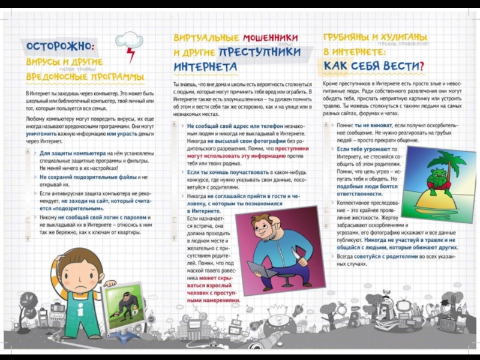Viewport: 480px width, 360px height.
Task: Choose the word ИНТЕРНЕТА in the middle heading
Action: pos(205,66)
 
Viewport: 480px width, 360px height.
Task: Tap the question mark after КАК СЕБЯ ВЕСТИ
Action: pos(421,65)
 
